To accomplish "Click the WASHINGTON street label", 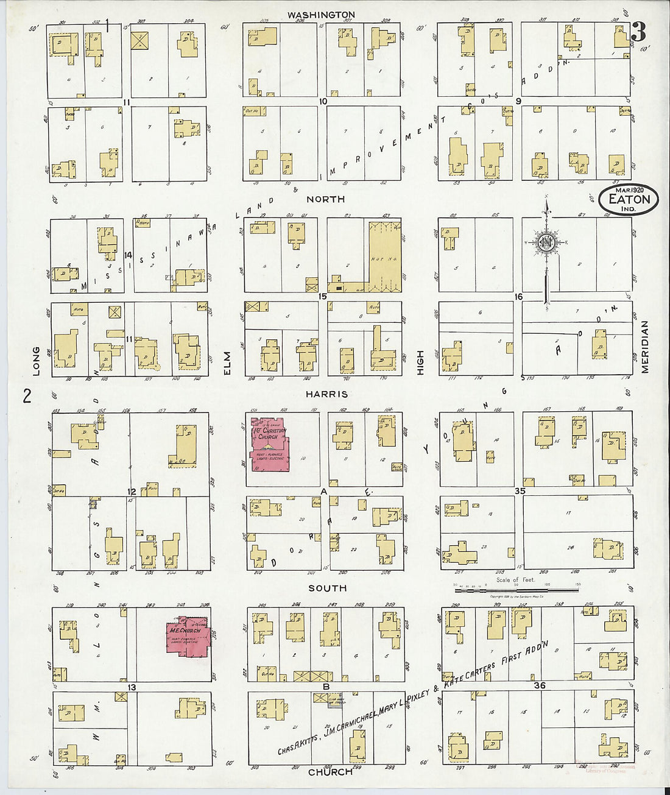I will pyautogui.click(x=321, y=15).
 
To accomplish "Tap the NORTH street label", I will pyautogui.click(x=325, y=199).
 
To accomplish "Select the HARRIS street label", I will pyautogui.click(x=326, y=394).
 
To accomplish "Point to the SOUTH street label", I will pyautogui.click(x=327, y=588).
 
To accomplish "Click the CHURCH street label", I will pyautogui.click(x=330, y=772).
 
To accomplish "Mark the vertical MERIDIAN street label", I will pyautogui.click(x=644, y=347).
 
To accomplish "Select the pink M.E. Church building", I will pyautogui.click(x=188, y=638).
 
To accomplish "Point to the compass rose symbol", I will pyautogui.click(x=546, y=242).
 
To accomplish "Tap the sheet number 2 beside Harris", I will pyautogui.click(x=26, y=396).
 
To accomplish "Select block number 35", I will pyautogui.click(x=519, y=491).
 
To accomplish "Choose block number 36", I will pyautogui.click(x=539, y=685).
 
